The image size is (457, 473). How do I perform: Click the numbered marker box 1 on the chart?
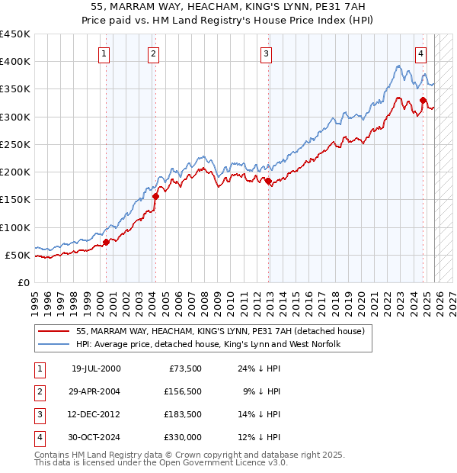tap(104, 53)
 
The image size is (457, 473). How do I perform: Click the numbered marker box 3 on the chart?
tap(266, 53)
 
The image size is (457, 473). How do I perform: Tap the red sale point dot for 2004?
tap(155, 196)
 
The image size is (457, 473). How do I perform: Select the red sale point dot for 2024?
tap(423, 100)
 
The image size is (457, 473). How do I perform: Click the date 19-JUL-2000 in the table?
tap(96, 368)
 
